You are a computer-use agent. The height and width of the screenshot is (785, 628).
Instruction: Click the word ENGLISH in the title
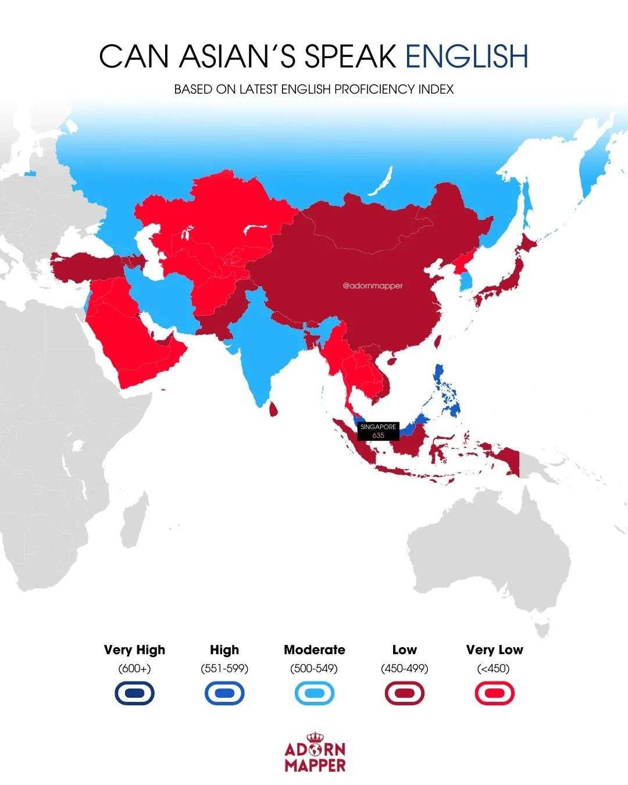[466, 56]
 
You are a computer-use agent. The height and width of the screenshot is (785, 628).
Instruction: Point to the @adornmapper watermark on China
[373, 286]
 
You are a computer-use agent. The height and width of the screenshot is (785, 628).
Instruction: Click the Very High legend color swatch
[134, 693]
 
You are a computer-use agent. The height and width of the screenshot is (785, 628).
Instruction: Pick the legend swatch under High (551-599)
[224, 693]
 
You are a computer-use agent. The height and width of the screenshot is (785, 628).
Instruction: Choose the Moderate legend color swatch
[314, 693]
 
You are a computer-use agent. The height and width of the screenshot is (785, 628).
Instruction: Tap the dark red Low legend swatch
[404, 693]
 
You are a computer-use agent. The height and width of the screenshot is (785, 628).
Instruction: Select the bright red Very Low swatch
[494, 693]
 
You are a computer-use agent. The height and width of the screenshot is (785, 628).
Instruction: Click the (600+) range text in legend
[134, 669]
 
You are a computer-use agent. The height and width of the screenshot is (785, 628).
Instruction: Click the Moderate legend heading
[314, 650]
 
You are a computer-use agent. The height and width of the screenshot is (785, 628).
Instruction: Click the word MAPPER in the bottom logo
[315, 765]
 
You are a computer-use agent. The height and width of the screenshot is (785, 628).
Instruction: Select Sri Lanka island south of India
[273, 408]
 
